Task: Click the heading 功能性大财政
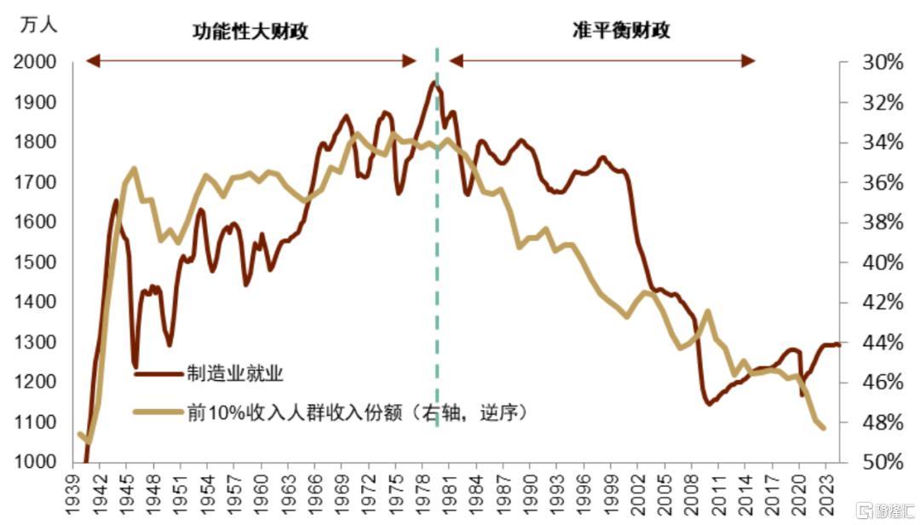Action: (250, 32)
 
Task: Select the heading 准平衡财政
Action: (621, 32)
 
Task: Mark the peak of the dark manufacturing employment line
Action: (434, 82)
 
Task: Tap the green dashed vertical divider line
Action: (437, 256)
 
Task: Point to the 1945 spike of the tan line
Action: (134, 169)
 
